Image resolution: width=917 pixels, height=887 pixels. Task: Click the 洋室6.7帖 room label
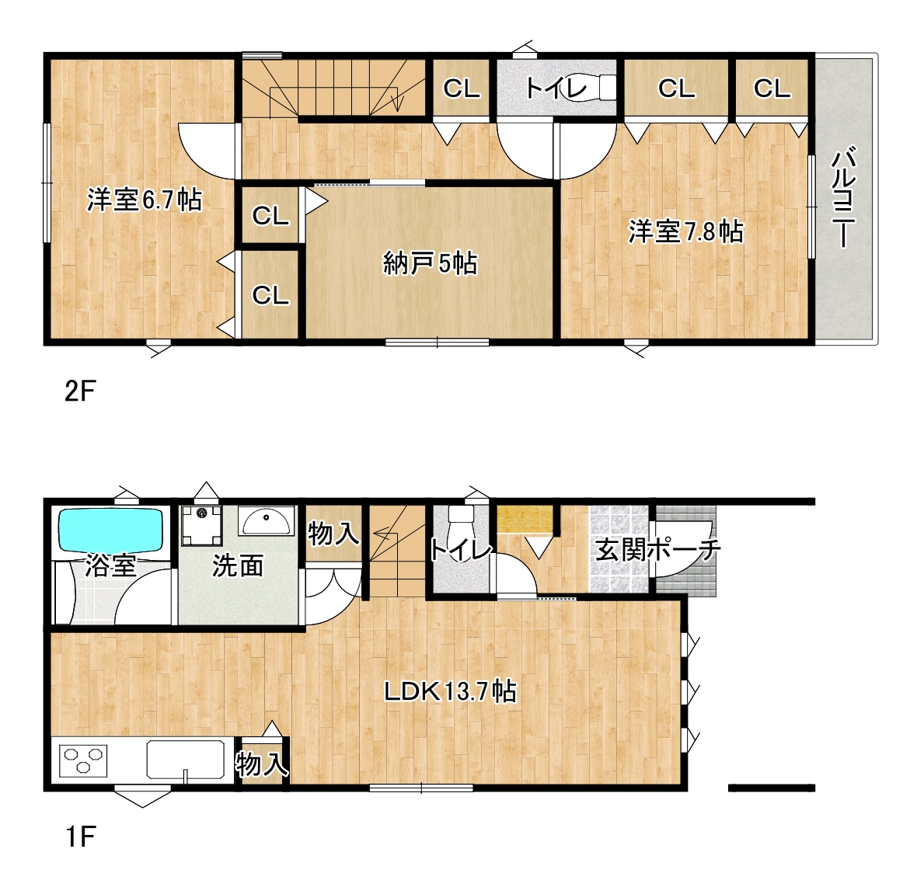[x=145, y=200]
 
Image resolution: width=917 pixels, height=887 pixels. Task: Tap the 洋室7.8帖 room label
[x=686, y=231]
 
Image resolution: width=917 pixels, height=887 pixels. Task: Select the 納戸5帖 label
[x=431, y=263]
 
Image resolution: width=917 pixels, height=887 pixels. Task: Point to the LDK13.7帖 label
[x=450, y=691]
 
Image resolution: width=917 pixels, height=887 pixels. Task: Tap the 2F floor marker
[x=79, y=391]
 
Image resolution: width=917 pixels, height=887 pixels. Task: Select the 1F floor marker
[x=79, y=837]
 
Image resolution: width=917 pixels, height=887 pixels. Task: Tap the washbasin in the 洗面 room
[x=267, y=521]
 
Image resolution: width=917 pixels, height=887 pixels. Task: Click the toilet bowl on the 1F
[x=460, y=528]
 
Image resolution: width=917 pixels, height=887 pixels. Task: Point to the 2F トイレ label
[x=556, y=89]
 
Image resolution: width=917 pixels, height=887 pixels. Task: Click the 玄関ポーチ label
[x=658, y=550]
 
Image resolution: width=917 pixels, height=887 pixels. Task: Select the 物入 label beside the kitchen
[x=262, y=764]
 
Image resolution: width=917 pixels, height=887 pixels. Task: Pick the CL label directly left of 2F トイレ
[x=462, y=89]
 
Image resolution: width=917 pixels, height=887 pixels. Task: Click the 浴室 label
[x=110, y=565]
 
